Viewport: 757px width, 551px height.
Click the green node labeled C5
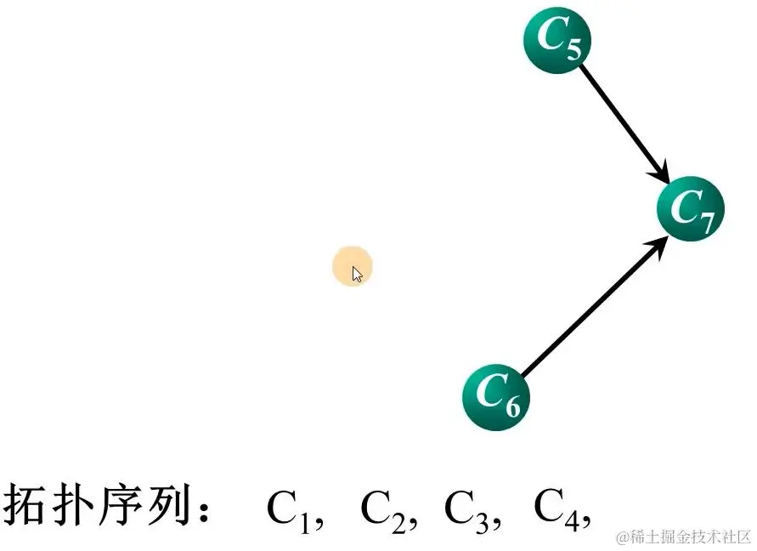tap(556, 40)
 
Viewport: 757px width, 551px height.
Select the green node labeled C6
tap(495, 397)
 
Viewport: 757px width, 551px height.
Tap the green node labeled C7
tap(690, 209)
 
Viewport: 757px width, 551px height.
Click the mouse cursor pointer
tap(357, 274)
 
